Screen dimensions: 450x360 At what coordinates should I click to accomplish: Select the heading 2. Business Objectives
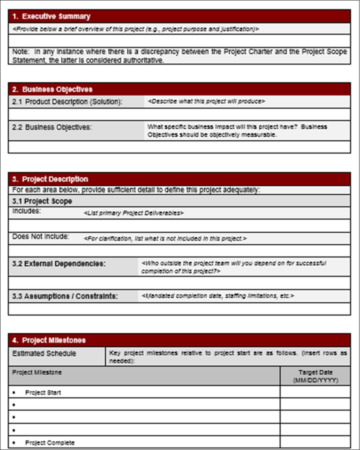pyautogui.click(x=52, y=89)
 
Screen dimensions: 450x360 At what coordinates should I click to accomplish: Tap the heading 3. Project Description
pyautogui.click(x=50, y=179)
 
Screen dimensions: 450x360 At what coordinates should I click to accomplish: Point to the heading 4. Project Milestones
pyautogui.click(x=49, y=340)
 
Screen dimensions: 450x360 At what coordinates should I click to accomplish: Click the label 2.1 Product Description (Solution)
pyautogui.click(x=67, y=102)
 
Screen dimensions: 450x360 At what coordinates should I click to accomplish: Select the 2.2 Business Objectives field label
pyautogui.click(x=52, y=127)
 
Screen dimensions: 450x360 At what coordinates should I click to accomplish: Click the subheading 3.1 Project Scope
pyautogui.click(x=42, y=201)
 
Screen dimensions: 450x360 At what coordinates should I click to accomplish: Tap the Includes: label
pyautogui.click(x=26, y=211)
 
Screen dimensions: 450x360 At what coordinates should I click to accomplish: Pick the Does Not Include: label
pyautogui.click(x=41, y=236)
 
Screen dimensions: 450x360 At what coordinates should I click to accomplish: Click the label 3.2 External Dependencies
pyautogui.click(x=59, y=263)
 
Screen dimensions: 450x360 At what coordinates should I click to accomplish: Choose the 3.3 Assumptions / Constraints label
pyautogui.click(x=65, y=296)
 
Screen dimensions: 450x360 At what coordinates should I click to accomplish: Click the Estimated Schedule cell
pyautogui.click(x=44, y=353)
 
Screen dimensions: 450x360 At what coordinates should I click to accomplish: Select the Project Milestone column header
pyautogui.click(x=37, y=372)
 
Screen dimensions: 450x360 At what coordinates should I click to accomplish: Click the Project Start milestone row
pyautogui.click(x=43, y=392)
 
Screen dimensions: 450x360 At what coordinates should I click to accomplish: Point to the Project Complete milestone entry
pyautogui.click(x=49, y=442)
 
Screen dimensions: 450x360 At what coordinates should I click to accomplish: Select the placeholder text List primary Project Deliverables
pyautogui.click(x=133, y=213)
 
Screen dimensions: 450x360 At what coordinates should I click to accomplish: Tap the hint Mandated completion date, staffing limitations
pyautogui.click(x=217, y=296)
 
